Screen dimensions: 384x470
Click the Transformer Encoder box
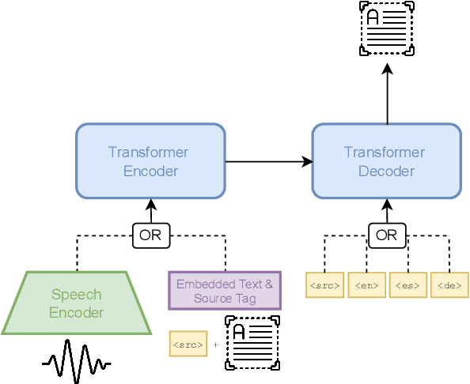tap(150, 160)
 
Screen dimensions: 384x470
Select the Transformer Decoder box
tap(387, 160)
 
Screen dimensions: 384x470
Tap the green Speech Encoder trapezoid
tap(76, 303)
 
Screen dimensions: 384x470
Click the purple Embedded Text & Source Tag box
tap(225, 291)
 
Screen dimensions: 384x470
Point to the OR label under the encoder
tap(150, 235)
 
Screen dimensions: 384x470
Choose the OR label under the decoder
tap(387, 235)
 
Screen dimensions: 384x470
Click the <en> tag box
tap(367, 285)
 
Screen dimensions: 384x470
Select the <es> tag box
tap(408, 285)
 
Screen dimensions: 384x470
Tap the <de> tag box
tap(449, 285)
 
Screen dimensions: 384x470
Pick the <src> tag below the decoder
tap(325, 285)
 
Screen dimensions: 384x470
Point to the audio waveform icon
tap(76, 362)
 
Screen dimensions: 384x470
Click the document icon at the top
tap(387, 28)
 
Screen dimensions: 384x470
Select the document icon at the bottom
tap(252, 343)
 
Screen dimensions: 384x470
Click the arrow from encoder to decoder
tap(269, 162)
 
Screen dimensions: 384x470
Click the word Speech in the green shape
tap(76, 295)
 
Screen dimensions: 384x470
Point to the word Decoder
tap(387, 171)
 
